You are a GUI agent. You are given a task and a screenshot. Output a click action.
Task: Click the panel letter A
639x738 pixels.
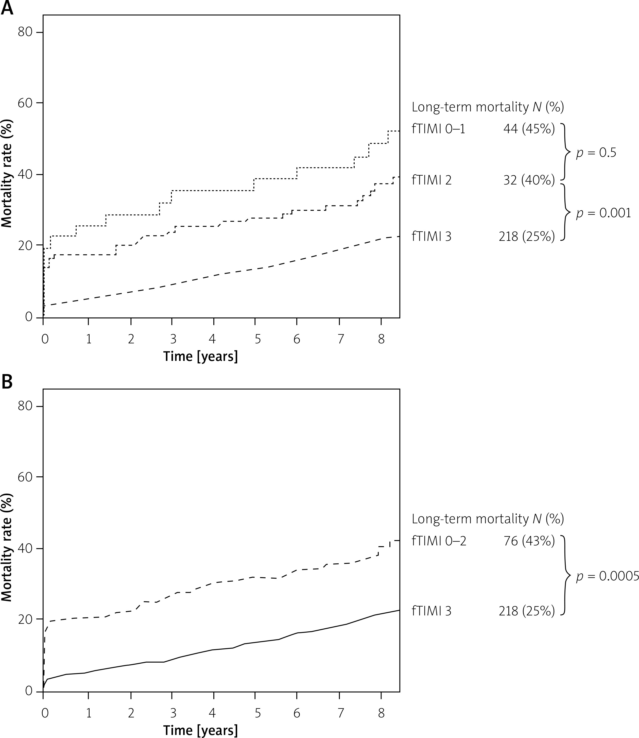click(7, 8)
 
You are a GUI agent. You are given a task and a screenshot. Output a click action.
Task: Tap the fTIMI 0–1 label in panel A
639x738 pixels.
click(438, 129)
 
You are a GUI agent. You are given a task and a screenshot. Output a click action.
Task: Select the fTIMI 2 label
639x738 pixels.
click(431, 180)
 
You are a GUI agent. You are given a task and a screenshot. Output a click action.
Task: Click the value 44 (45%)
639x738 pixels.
click(529, 129)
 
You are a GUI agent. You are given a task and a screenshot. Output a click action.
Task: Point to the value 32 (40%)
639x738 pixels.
click(529, 180)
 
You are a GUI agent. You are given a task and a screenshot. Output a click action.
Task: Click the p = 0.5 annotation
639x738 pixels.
click(596, 153)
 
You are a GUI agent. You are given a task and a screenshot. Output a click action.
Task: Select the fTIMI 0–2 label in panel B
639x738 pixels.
click(439, 541)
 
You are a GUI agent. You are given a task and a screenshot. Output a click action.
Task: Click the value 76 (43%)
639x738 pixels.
click(529, 541)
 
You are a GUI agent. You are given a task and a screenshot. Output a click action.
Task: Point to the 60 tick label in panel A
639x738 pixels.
click(25, 103)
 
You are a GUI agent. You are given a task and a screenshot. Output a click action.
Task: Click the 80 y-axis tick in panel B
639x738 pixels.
click(25, 407)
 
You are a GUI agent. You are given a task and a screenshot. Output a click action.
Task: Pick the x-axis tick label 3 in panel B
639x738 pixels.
click(173, 713)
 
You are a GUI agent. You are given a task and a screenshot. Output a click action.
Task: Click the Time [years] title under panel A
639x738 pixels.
click(200, 356)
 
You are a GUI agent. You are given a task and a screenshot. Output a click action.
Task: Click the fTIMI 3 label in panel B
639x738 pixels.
click(431, 611)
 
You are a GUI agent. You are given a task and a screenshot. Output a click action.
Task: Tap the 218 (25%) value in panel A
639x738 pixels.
click(526, 236)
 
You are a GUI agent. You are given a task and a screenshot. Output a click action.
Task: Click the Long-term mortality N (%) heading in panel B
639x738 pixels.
click(488, 519)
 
